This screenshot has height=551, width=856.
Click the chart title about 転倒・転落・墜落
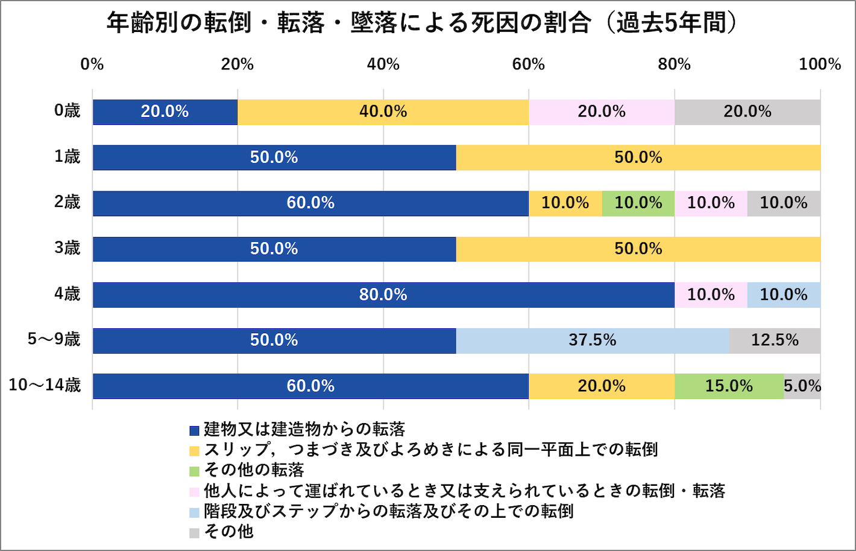click(x=422, y=23)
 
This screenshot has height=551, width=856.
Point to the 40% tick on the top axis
click(x=383, y=64)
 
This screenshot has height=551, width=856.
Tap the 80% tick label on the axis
click(x=674, y=64)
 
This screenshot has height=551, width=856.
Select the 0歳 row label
click(x=67, y=111)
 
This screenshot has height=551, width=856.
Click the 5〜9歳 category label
click(x=54, y=339)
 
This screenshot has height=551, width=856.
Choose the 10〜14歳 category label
click(x=45, y=385)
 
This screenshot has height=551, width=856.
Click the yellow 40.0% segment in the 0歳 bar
click(x=383, y=112)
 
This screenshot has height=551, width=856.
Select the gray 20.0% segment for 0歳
click(x=747, y=112)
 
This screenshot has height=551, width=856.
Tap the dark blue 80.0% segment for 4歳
click(x=383, y=295)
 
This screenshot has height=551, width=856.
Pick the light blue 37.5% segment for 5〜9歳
click(x=592, y=340)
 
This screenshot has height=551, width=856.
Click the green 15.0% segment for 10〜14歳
click(x=729, y=386)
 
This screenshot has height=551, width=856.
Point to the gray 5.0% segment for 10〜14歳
click(x=802, y=386)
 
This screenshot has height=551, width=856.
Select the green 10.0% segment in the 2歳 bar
click(x=638, y=203)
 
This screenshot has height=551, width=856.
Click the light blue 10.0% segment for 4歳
click(x=784, y=295)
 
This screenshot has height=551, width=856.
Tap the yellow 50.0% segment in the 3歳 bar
click(x=638, y=249)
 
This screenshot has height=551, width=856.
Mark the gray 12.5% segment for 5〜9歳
click(x=775, y=340)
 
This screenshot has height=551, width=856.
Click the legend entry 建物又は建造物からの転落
click(x=304, y=430)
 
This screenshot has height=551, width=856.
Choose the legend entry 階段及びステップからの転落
click(x=388, y=511)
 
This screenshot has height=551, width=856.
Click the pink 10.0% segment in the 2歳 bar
click(x=711, y=203)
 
